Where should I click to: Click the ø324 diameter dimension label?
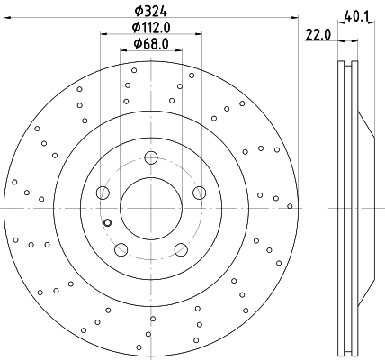click(x=149, y=11)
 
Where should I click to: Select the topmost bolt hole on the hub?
click(x=150, y=159)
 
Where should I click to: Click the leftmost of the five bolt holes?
click(x=103, y=193)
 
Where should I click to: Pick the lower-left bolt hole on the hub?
click(x=121, y=249)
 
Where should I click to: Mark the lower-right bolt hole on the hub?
click(x=181, y=249)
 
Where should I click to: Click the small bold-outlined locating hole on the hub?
click(x=107, y=223)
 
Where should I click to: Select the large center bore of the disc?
click(x=150, y=210)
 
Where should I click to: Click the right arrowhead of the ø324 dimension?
click(x=293, y=21)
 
